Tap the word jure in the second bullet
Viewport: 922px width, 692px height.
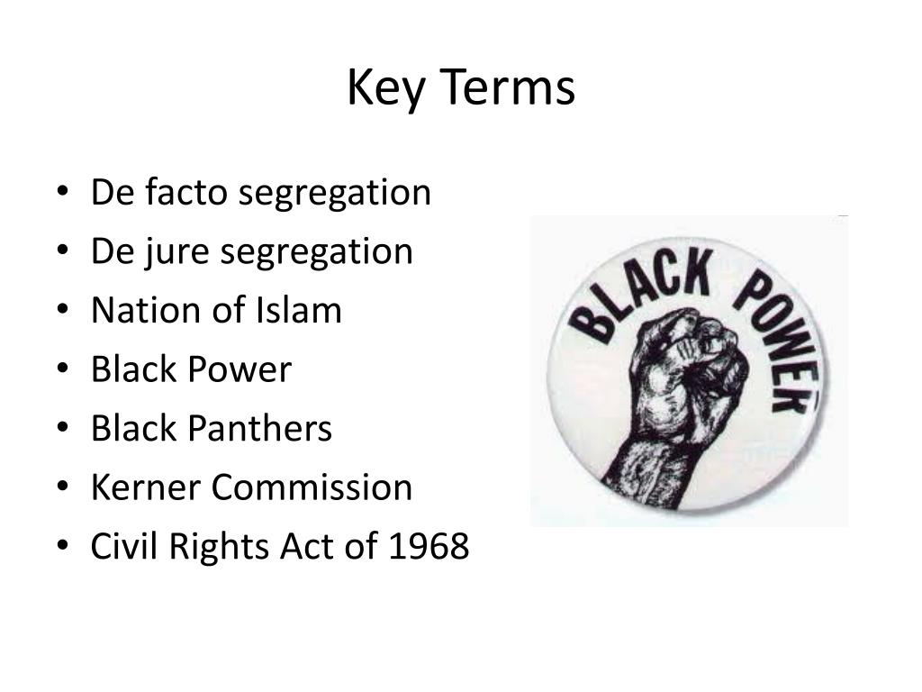click(180, 251)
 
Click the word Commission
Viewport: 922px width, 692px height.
click(312, 488)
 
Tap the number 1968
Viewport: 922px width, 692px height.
click(429, 547)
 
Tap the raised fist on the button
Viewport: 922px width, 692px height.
click(689, 378)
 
